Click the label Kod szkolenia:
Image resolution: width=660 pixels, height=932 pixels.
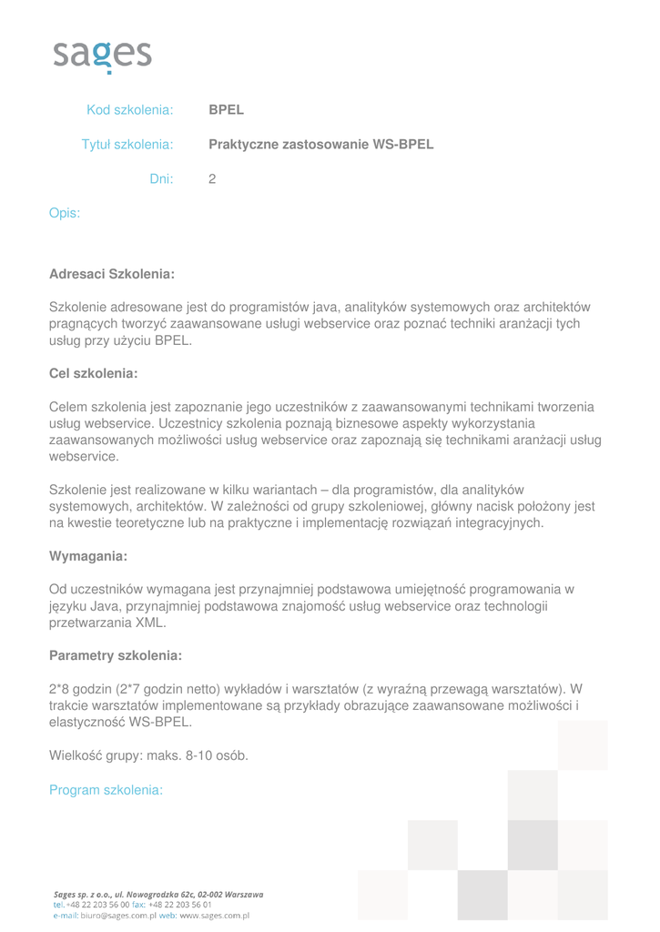click(x=129, y=110)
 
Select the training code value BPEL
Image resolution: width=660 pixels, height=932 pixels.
click(x=226, y=110)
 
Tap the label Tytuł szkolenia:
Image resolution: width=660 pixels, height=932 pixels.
click(x=127, y=145)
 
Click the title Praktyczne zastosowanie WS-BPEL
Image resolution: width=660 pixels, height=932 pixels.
click(x=320, y=145)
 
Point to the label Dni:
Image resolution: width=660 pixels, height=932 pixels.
click(x=161, y=179)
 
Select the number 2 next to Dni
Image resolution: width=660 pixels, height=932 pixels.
click(x=212, y=179)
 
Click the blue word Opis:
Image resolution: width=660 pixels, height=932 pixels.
click(x=65, y=214)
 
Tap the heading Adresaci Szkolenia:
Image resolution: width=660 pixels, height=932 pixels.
click(x=111, y=273)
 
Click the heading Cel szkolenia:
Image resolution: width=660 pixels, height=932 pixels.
click(x=93, y=373)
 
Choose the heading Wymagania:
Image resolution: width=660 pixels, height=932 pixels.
click(x=87, y=555)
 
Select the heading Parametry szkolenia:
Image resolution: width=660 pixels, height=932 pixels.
click(x=115, y=655)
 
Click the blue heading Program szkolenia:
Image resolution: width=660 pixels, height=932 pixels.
click(x=106, y=790)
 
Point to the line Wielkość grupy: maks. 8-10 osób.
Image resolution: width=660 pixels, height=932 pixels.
click(x=148, y=755)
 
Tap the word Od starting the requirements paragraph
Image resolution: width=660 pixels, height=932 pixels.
click(x=57, y=589)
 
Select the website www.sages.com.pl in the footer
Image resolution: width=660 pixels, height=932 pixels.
click(x=214, y=917)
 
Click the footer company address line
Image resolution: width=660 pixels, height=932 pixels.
click(x=158, y=895)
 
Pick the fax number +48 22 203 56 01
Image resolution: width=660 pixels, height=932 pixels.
click(x=179, y=906)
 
